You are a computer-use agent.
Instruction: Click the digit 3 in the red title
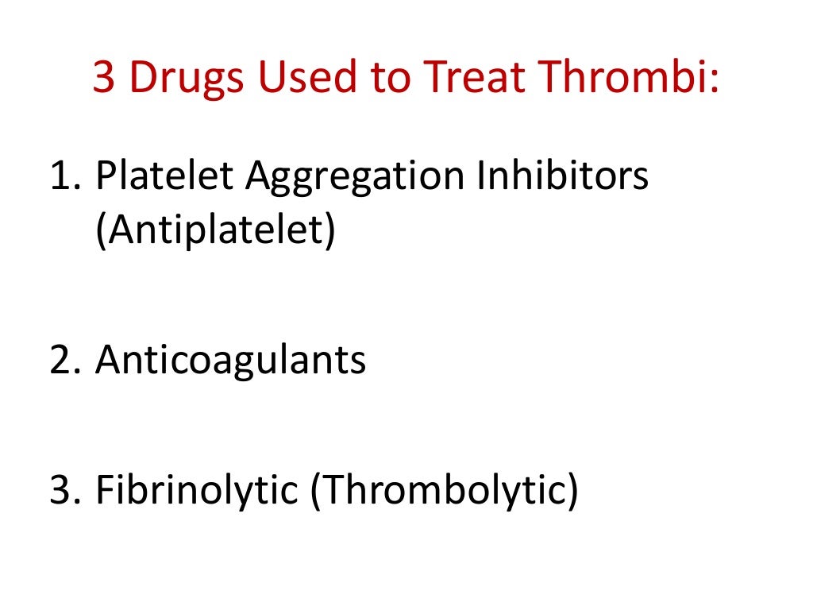(x=105, y=78)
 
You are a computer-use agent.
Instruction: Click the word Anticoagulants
(x=230, y=361)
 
